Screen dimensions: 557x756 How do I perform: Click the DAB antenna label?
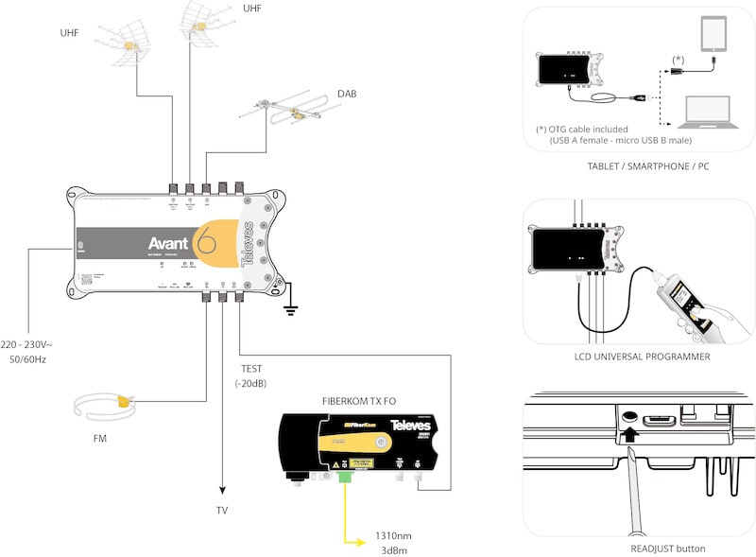[347, 94]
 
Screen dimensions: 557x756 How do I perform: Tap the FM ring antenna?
[105, 408]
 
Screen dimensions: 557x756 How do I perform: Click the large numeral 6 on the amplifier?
[205, 242]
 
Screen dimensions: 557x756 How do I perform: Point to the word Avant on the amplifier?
[167, 242]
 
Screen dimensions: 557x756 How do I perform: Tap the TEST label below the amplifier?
[251, 368]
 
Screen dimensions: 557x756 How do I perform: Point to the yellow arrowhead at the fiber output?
[362, 541]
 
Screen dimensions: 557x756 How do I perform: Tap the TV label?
[222, 511]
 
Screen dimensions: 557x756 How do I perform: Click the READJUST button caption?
[644, 548]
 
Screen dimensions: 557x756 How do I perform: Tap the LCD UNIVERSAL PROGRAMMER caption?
[643, 357]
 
